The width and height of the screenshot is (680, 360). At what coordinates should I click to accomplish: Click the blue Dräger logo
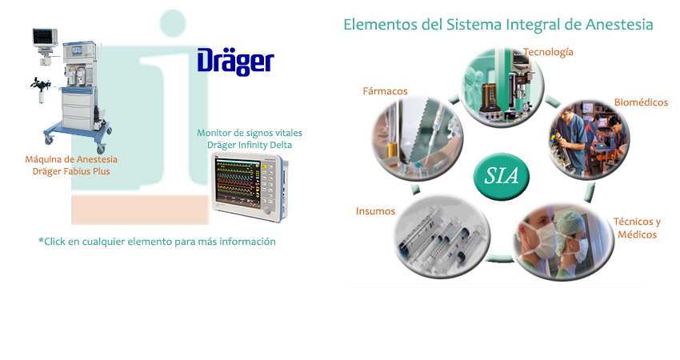click(x=235, y=62)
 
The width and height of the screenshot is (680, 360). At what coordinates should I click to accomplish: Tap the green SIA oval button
click(x=502, y=176)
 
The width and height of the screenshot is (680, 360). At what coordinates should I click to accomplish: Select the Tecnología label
click(x=548, y=52)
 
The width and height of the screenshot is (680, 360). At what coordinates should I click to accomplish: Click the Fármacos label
click(x=385, y=91)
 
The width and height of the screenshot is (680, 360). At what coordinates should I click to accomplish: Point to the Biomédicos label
click(x=641, y=102)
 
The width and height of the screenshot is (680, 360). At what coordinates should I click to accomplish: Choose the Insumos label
click(x=375, y=211)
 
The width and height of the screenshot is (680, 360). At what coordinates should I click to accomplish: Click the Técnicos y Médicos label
click(x=637, y=228)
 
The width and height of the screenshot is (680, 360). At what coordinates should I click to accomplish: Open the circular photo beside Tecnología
click(x=502, y=87)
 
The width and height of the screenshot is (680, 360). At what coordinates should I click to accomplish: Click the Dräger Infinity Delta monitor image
click(x=250, y=186)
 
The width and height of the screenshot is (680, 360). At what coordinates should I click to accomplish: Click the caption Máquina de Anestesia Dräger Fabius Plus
click(x=71, y=166)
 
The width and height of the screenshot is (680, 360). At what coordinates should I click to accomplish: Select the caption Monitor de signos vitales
click(x=250, y=133)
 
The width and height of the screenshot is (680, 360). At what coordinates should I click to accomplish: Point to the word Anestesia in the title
click(x=619, y=24)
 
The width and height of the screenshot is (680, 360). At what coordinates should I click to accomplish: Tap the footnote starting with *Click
click(x=157, y=242)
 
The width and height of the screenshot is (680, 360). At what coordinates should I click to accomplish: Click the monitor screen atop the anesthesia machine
click(x=45, y=38)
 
